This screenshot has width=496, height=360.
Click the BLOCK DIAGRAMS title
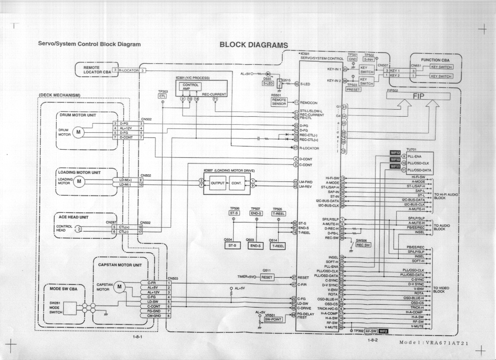pyautogui.click(x=254, y=44)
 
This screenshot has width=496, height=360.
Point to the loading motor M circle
pyautogui.click(x=79, y=181)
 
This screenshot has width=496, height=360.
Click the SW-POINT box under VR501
pyautogui.click(x=274, y=319)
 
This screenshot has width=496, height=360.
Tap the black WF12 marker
pyautogui.click(x=395, y=153)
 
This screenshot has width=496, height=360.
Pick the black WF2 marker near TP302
pyautogui.click(x=383, y=331)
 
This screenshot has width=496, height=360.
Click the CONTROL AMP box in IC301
pyautogui.click(x=189, y=86)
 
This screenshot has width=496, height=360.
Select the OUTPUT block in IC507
pyautogui.click(x=218, y=183)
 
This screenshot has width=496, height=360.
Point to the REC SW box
pyautogui.click(x=363, y=245)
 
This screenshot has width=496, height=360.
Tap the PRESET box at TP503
pyautogui.click(x=353, y=89)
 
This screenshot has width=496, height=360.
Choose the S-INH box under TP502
pyautogui.click(x=368, y=60)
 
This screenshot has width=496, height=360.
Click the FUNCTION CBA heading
pyautogui.click(x=435, y=60)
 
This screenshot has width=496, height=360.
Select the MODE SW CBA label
pyautogui.click(x=63, y=288)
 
